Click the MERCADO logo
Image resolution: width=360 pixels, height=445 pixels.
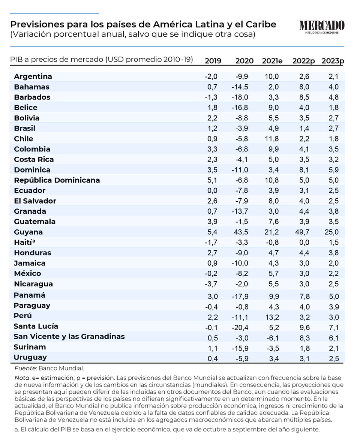coord(322,27)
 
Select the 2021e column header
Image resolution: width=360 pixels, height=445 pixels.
coord(272,61)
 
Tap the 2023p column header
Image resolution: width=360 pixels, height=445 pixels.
coord(333,61)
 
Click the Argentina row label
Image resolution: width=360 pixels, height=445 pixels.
coord(33,76)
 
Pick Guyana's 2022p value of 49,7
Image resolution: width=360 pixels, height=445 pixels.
coord(302,232)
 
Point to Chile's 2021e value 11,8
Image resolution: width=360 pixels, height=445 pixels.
coord(272,139)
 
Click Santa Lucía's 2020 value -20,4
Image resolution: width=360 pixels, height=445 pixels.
coord(240,328)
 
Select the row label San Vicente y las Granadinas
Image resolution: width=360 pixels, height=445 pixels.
coord(69,337)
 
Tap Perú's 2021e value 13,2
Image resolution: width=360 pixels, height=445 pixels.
coord(272,317)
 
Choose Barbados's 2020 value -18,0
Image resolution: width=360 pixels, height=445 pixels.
coord(240,97)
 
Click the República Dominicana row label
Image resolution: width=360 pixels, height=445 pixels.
coord(57,180)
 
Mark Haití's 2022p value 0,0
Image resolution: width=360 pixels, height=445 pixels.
coord(304,242)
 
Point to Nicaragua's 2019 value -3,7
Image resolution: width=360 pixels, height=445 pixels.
coord(211,284)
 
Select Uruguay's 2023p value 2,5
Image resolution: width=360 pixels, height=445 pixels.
coord(334,359)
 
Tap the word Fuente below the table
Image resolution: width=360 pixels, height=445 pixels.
coord(25,369)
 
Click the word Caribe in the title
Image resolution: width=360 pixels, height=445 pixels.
coord(261,24)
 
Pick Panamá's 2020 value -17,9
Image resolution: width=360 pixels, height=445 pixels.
coord(240,296)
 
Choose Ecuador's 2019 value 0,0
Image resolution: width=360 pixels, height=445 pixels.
coord(212,190)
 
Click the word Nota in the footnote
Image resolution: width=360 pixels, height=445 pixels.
coord(22,378)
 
